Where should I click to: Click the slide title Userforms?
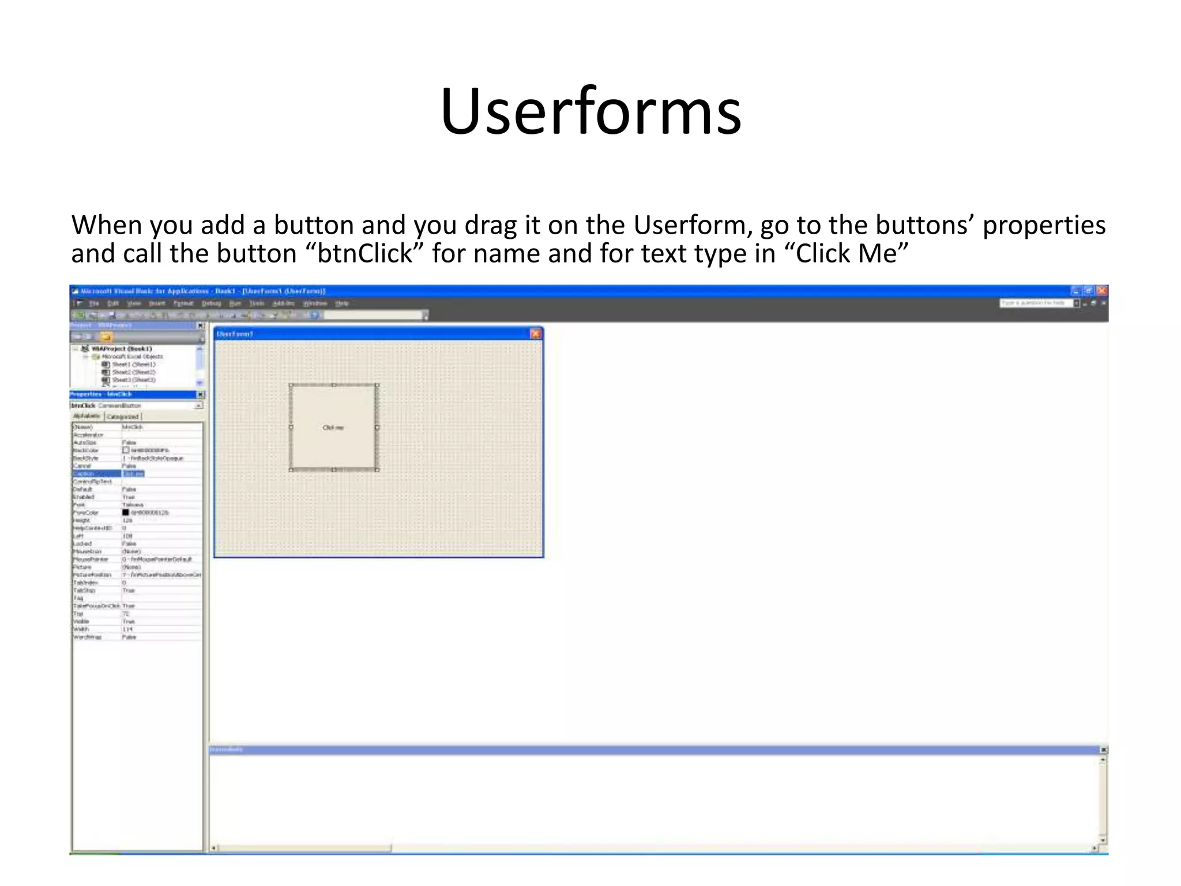(590, 111)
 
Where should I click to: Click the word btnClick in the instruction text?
(364, 254)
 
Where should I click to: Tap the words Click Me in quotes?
(846, 254)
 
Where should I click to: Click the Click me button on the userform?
(333, 427)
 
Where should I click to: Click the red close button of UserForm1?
(536, 333)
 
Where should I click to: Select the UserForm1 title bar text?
(235, 334)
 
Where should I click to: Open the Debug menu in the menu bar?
(211, 303)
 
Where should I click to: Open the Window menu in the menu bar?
(315, 303)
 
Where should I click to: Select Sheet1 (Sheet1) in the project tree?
(133, 365)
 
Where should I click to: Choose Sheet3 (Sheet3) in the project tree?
(133, 380)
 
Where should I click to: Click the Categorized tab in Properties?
(123, 416)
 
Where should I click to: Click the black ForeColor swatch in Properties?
(126, 512)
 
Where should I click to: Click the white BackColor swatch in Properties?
(126, 450)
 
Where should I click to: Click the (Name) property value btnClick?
(133, 427)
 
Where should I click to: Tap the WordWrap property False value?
(129, 637)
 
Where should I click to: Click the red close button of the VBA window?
(1102, 291)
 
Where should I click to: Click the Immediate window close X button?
(1104, 750)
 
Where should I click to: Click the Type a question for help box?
(1036, 303)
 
